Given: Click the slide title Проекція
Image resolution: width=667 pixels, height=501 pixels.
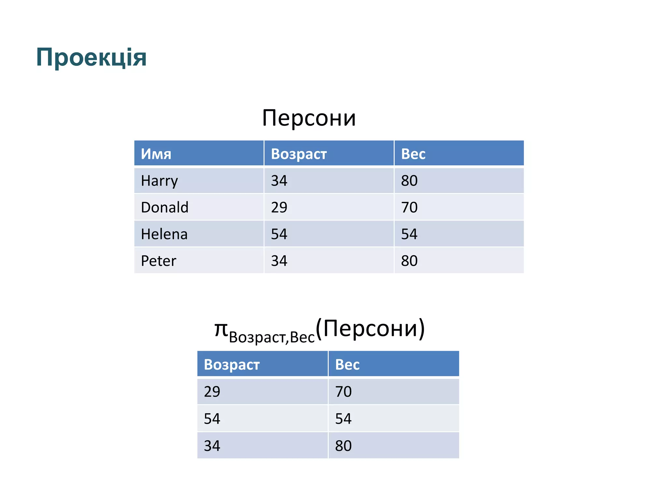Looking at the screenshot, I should [x=91, y=57].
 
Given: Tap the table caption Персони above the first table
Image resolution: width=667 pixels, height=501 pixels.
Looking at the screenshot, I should [x=309, y=118].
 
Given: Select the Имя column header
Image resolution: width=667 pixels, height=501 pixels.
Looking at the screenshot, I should [x=156, y=154].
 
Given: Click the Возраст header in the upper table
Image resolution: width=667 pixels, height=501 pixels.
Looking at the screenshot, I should [x=299, y=154].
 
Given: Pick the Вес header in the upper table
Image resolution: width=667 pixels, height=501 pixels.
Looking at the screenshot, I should [x=413, y=154].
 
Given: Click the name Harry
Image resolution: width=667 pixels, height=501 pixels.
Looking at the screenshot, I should [x=159, y=181].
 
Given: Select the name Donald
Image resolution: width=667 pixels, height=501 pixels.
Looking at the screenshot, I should [x=164, y=207].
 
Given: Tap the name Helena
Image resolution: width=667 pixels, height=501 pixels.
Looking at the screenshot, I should [x=164, y=234].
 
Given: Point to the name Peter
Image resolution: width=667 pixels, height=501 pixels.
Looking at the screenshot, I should [x=158, y=261].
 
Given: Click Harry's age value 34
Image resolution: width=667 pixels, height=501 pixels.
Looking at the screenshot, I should [x=279, y=181].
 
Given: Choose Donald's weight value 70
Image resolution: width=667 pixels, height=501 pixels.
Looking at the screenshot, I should [x=409, y=207].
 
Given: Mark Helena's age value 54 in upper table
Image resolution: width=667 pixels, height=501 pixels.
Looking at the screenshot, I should [x=279, y=234].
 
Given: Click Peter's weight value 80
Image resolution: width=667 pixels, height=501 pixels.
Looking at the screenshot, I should [x=409, y=261].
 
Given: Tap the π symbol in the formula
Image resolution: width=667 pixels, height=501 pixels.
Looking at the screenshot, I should [x=221, y=329].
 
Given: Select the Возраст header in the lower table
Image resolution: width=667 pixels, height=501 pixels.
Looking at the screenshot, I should [x=232, y=364].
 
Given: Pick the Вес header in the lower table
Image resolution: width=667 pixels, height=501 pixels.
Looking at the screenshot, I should [x=347, y=364].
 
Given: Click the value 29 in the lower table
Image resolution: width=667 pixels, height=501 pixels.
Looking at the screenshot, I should [x=212, y=391].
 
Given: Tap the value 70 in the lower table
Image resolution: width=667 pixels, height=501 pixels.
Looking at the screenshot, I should [x=343, y=391].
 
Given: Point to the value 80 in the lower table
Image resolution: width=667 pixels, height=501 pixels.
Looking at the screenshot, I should [x=343, y=446].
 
